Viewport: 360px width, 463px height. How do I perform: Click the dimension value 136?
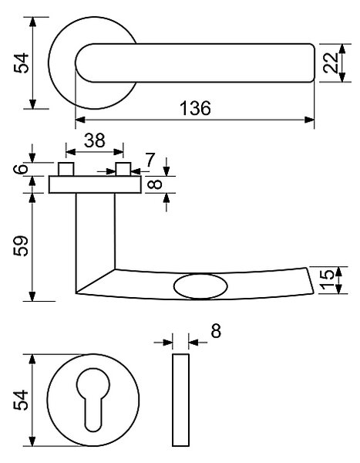pyautogui.click(x=195, y=108)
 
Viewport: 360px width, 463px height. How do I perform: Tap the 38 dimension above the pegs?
pyautogui.click(x=94, y=140)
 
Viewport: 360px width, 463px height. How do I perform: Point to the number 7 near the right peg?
pyautogui.click(x=150, y=160)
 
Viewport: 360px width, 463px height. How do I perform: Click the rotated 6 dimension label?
pyautogui.click(x=21, y=169)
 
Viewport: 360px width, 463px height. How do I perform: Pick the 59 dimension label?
pyautogui.click(x=21, y=246)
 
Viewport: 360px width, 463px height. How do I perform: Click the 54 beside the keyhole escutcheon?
pyautogui.click(x=21, y=400)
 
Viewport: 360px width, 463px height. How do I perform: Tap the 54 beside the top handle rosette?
pyautogui.click(x=22, y=63)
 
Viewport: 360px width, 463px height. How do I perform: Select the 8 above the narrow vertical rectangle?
pyautogui.click(x=216, y=331)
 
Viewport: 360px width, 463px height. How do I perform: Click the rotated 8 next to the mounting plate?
pyautogui.click(x=156, y=184)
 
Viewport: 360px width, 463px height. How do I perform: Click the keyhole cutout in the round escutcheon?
pyautogui.click(x=93, y=400)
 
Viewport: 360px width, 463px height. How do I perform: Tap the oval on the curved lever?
pyautogui.click(x=200, y=287)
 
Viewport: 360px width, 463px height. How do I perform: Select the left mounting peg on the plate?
pyautogui.click(x=66, y=169)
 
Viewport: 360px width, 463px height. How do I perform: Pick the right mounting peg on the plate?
pyautogui.click(x=123, y=169)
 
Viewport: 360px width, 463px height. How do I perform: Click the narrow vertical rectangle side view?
pyautogui.click(x=180, y=400)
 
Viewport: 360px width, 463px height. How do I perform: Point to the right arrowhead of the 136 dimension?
pyautogui.click(x=309, y=120)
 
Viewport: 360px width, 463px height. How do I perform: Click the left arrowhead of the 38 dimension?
pyautogui.click(x=71, y=152)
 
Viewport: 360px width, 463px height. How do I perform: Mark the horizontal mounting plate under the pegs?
pyautogui.click(x=95, y=184)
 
